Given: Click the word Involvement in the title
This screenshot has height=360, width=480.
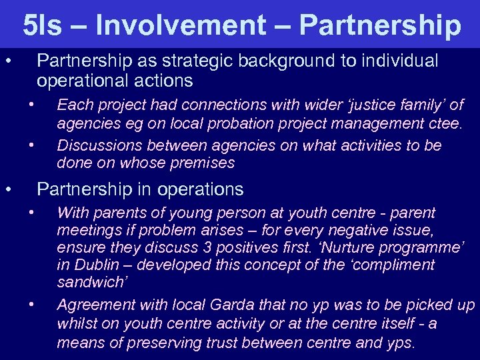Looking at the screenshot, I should [x=181, y=25].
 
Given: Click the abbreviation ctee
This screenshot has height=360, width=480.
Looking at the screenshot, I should [x=446, y=123].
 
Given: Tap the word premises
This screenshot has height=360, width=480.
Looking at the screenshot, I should [x=201, y=163].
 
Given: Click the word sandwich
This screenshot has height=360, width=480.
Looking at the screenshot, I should [x=89, y=283].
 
